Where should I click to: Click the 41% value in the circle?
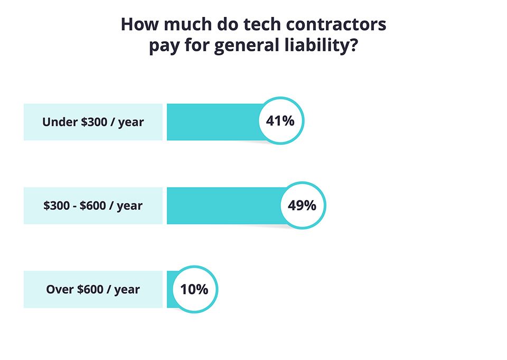pos(280,121)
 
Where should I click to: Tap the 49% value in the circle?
pos(302,205)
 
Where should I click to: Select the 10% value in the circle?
pos(194,289)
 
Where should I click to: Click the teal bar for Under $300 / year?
pos(211,122)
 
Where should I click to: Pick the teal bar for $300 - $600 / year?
pos(222,206)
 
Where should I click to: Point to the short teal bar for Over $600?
pos(170,289)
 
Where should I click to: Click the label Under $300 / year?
pos(93,122)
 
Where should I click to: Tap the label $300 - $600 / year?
pos(93,206)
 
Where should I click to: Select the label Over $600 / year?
pos(93,289)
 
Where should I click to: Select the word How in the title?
pos(138,25)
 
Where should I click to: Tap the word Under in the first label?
pos(59,122)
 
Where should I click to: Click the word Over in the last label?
pos(59,289)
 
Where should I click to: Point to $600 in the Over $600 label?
pos(92,289)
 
